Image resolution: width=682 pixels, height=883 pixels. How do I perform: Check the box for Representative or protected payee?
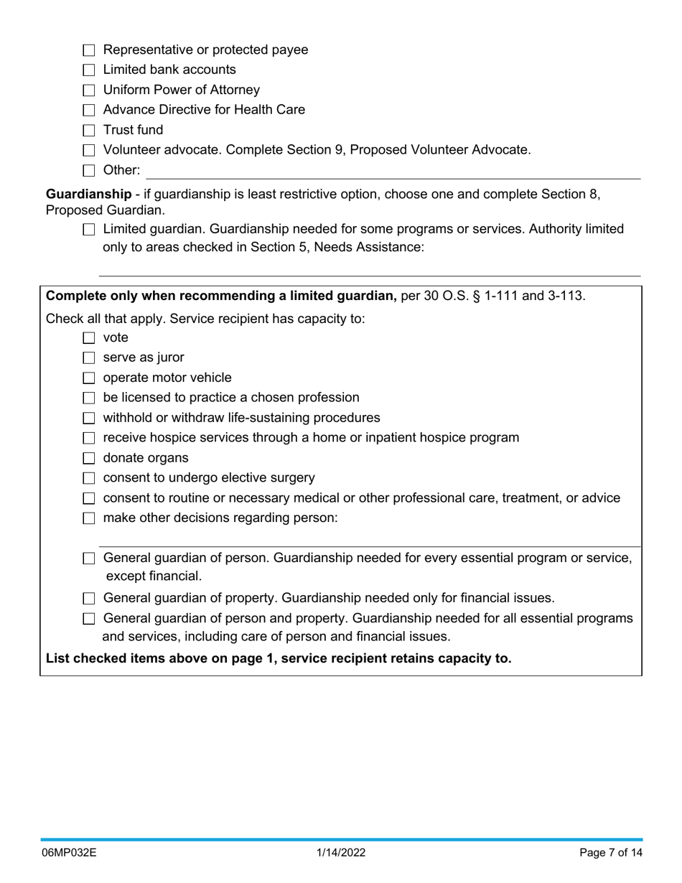(x=89, y=50)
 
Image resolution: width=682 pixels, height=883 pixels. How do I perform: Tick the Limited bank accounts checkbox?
(x=89, y=70)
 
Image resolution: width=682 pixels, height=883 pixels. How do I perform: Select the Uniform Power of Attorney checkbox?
(x=89, y=90)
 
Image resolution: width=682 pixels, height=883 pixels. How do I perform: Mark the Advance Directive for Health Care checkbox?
(x=89, y=111)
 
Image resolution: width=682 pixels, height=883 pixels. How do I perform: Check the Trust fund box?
(x=89, y=131)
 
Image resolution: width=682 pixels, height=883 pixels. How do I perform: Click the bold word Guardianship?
(x=88, y=194)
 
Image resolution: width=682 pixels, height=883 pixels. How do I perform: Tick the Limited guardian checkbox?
(x=89, y=230)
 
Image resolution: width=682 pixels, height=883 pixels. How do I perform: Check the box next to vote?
(x=89, y=338)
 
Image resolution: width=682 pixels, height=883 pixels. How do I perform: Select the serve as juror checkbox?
(x=89, y=358)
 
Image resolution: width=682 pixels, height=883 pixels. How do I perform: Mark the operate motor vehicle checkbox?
(x=89, y=378)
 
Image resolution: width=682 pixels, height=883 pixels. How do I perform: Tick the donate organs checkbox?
(x=89, y=459)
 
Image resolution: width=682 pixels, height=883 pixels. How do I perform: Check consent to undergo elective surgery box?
(x=89, y=479)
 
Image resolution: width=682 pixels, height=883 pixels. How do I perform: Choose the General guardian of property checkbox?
(x=89, y=599)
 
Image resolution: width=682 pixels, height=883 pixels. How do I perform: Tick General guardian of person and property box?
(x=89, y=619)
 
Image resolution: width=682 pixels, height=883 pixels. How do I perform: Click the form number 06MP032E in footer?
(x=69, y=853)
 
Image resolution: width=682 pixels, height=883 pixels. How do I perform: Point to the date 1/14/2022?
(x=341, y=853)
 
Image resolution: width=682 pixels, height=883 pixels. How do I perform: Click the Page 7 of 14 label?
(x=611, y=853)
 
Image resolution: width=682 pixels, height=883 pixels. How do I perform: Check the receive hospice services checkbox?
(x=89, y=439)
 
